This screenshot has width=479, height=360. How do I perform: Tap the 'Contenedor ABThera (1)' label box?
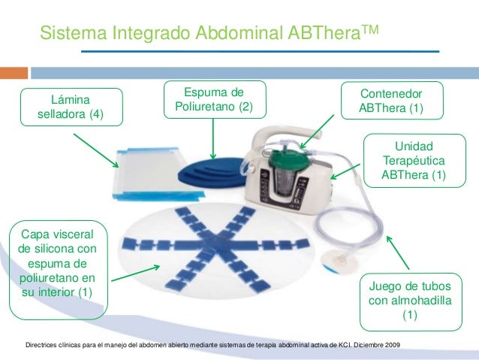pyautogui.click(x=391, y=101)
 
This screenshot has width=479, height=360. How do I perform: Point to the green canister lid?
pyautogui.click(x=284, y=159)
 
